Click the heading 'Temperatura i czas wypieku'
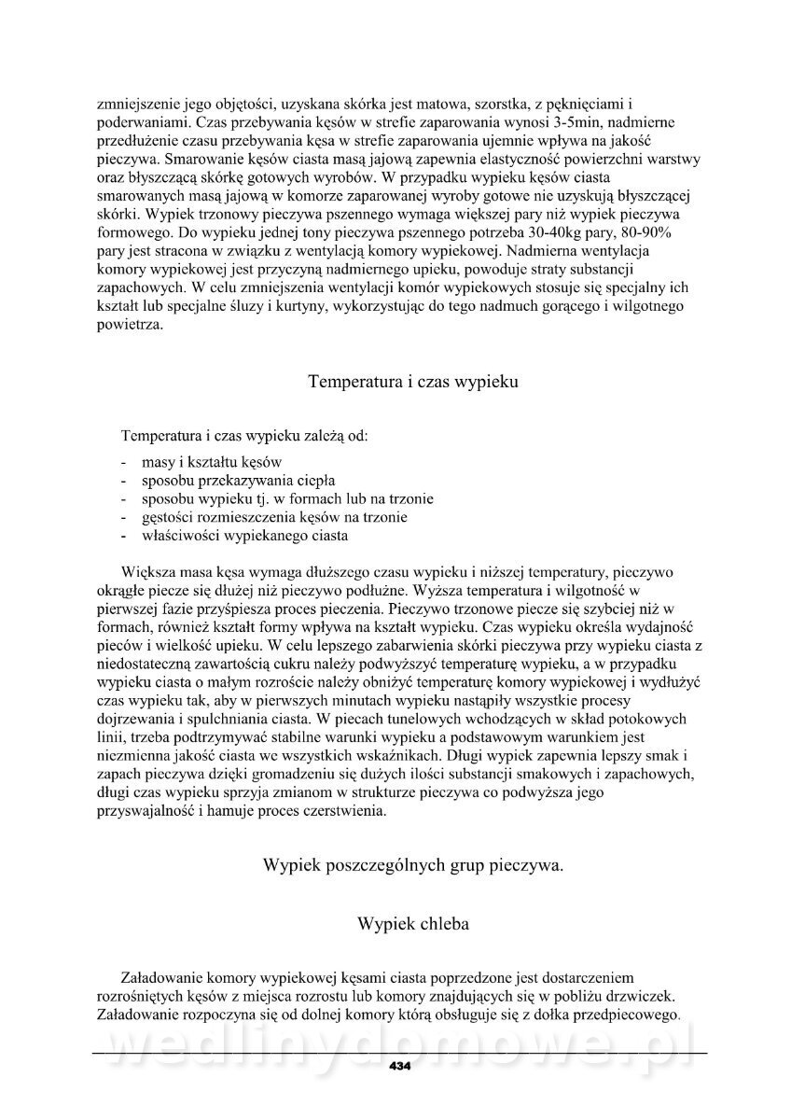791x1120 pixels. (x=412, y=381)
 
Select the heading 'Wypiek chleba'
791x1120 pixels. (x=412, y=924)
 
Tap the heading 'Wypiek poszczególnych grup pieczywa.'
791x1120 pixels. (x=414, y=865)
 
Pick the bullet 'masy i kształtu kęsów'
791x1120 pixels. (x=211, y=463)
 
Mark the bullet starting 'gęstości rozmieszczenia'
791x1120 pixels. (x=274, y=517)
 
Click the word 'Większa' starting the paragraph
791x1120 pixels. (x=146, y=571)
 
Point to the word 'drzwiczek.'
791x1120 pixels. (x=643, y=997)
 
